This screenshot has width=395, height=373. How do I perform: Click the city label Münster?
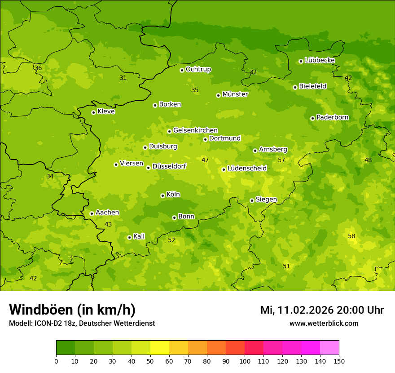(x=235, y=94)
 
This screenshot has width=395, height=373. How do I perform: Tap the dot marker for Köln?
(x=162, y=195)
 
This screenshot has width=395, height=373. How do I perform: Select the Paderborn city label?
(x=332, y=117)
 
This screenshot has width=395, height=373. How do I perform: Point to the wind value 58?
(x=351, y=236)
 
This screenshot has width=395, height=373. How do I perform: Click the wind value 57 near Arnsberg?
(x=281, y=160)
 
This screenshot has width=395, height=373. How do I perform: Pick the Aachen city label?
(x=107, y=213)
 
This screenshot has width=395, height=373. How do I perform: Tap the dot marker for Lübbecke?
(x=301, y=61)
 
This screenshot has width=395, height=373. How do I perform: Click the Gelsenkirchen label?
(x=195, y=130)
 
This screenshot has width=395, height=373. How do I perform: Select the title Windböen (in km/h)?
(x=72, y=310)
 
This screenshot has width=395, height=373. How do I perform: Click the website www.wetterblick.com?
(x=324, y=323)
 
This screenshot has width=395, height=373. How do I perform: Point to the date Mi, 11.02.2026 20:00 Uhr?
(x=322, y=310)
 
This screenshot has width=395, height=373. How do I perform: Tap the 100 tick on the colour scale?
(x=245, y=361)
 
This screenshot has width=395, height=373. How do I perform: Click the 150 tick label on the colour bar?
(x=339, y=361)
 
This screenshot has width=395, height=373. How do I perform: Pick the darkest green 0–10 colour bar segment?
(x=66, y=348)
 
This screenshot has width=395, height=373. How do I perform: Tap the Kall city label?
(x=139, y=236)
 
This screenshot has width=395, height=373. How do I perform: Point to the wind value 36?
(x=38, y=68)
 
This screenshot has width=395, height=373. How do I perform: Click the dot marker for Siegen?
(x=252, y=200)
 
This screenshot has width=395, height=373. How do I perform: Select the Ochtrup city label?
(x=198, y=69)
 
